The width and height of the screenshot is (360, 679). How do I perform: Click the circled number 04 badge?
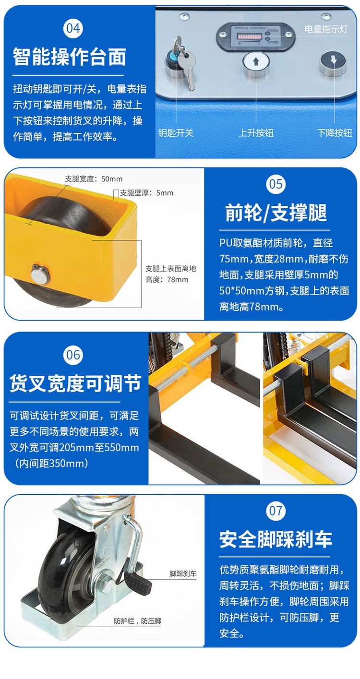click(x=73, y=28)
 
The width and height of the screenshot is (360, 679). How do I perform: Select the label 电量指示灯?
click(x=326, y=29)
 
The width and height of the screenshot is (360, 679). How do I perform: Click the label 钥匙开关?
click(x=176, y=133)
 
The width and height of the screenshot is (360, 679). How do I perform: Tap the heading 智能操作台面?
click(x=69, y=57)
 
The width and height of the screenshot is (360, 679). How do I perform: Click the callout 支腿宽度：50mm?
click(x=94, y=179)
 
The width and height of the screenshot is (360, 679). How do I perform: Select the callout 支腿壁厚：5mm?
click(x=147, y=193)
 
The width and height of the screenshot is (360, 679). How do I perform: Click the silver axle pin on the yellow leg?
click(x=40, y=274)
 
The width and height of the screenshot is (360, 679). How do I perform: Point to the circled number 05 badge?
click(x=276, y=184)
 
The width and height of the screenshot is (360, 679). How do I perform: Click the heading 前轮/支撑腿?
click(x=276, y=213)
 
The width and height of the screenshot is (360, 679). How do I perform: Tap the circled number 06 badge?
click(x=73, y=355)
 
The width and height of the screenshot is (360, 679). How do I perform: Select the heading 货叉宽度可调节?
click(x=75, y=383)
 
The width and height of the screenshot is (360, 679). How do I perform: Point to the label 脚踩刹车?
click(x=183, y=573)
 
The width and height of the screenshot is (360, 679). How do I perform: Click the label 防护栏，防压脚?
click(x=138, y=621)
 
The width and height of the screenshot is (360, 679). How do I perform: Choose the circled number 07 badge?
click(x=276, y=511)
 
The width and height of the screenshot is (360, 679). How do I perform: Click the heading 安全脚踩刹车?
click(x=276, y=539)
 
